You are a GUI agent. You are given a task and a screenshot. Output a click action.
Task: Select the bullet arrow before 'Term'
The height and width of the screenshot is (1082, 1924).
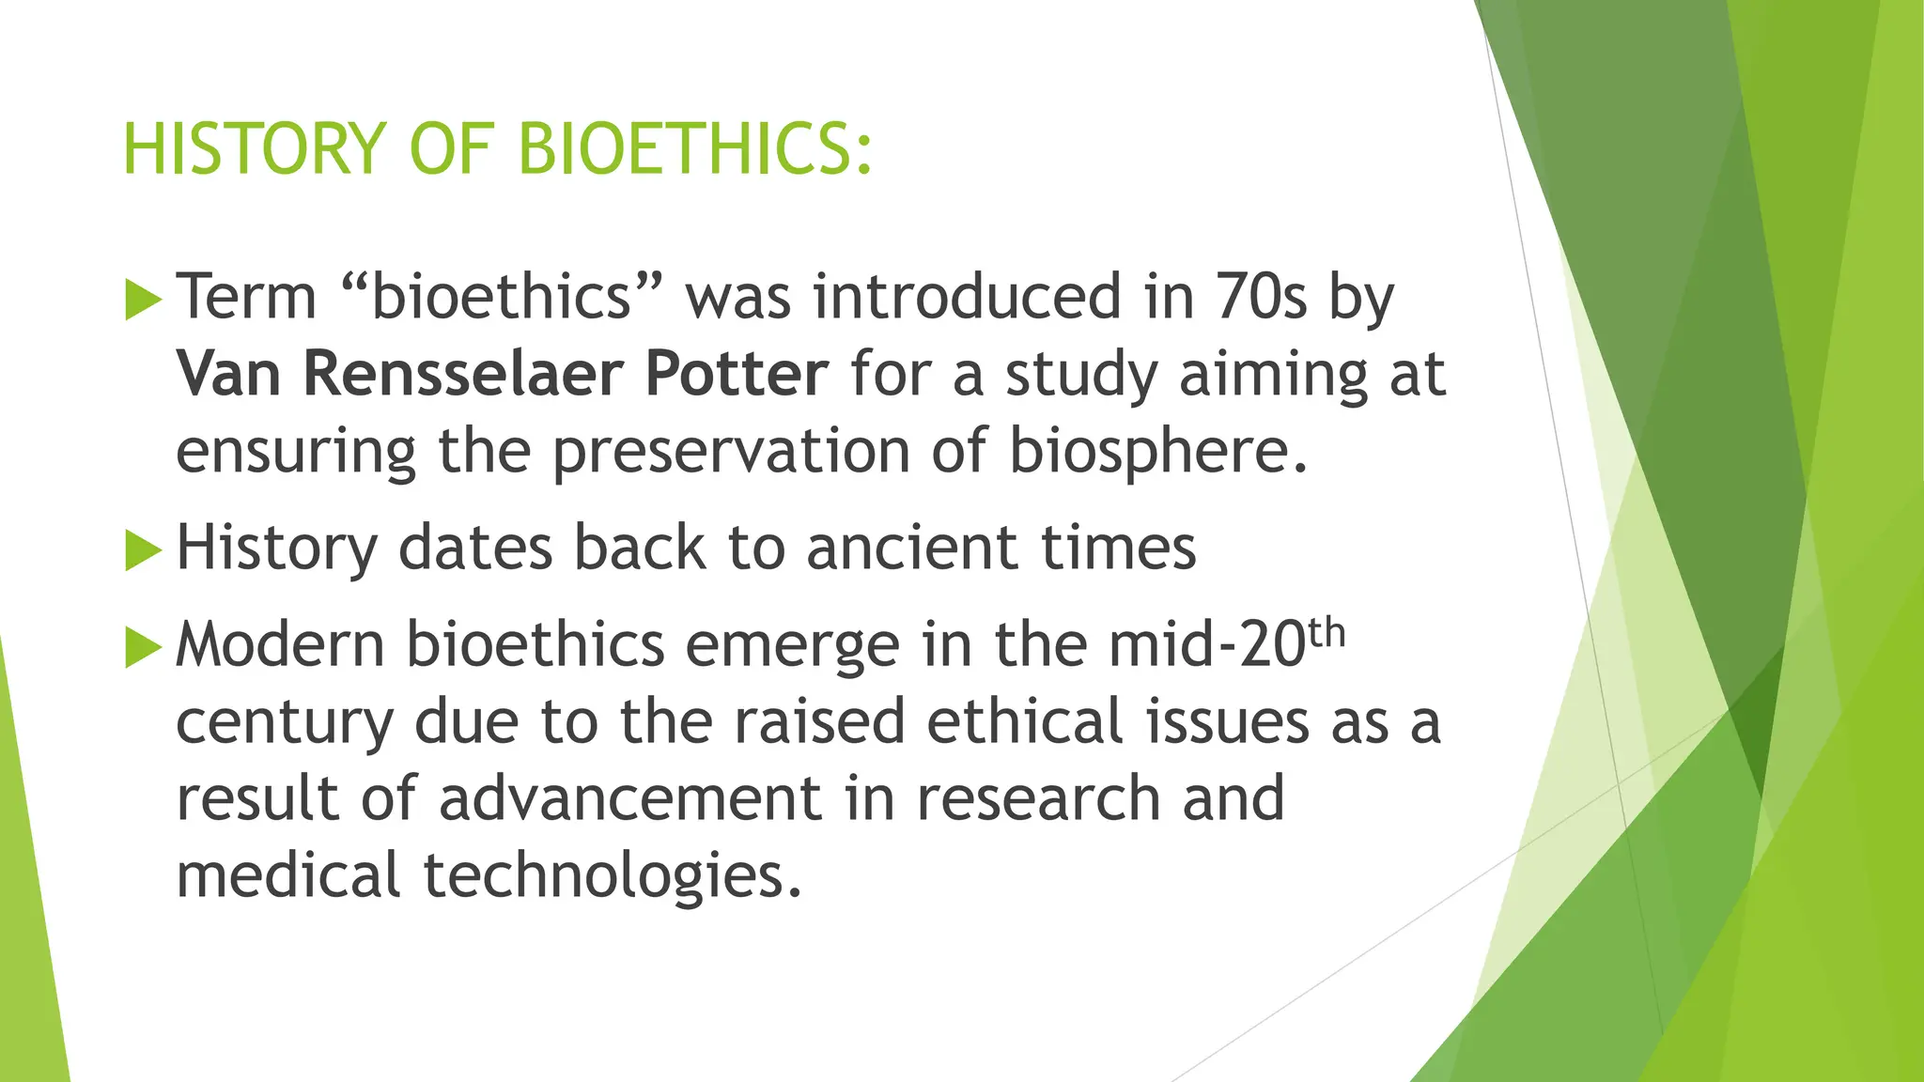coord(143,301)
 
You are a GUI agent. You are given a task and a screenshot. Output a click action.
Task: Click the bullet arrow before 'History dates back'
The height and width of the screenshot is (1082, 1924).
coord(143,550)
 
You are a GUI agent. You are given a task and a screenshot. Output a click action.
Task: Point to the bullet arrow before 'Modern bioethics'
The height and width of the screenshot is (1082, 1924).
coord(143,648)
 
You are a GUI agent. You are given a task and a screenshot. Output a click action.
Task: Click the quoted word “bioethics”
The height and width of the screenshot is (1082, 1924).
coord(502,297)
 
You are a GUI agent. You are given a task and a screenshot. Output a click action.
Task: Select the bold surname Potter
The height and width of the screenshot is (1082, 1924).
coord(737,374)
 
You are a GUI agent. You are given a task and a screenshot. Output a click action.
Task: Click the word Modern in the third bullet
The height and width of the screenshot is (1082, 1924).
coord(280,646)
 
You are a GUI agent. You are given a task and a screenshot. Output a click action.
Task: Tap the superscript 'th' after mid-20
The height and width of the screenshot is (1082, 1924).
coord(1327,635)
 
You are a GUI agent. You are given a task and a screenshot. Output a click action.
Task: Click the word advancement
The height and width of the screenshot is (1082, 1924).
coord(629,798)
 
